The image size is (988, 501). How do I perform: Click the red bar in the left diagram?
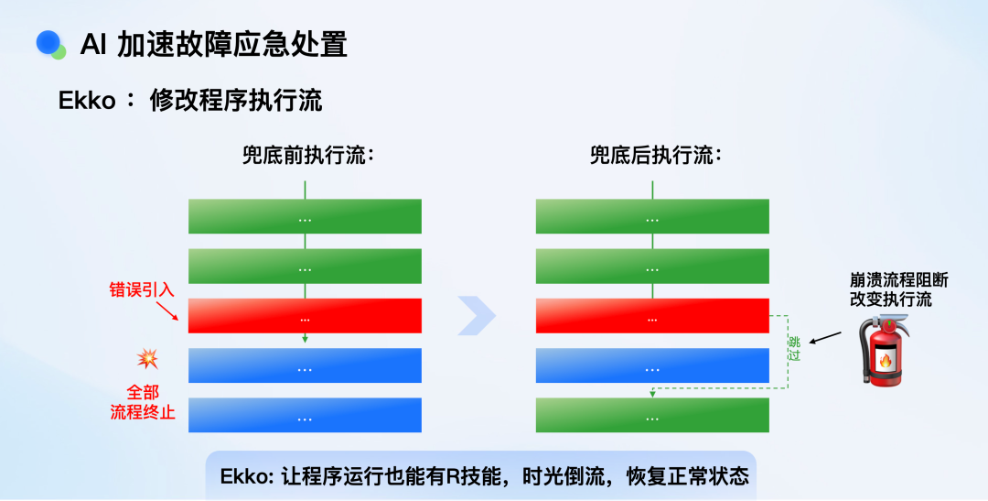click(305, 315)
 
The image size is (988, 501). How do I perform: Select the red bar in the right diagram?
click(652, 315)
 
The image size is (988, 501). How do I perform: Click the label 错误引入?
click(142, 291)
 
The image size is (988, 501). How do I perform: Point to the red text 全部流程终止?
click(143, 403)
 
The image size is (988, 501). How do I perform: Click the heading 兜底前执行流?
click(308, 155)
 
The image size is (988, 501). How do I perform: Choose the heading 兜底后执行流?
click(655, 155)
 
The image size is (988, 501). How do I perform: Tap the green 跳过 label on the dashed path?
click(795, 349)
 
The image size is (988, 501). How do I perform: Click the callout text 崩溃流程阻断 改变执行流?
click(899, 290)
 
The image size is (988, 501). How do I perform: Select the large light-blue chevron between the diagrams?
click(477, 315)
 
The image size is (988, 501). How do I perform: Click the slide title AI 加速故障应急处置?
click(213, 46)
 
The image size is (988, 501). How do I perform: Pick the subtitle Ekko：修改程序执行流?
click(190, 101)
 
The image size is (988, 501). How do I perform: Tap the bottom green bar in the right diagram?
click(652, 415)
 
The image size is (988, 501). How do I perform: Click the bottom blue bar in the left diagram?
click(305, 415)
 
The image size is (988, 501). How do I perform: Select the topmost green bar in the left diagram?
click(305, 216)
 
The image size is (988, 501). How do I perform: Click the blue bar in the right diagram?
click(652, 365)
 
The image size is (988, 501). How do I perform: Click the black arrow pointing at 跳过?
click(825, 338)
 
